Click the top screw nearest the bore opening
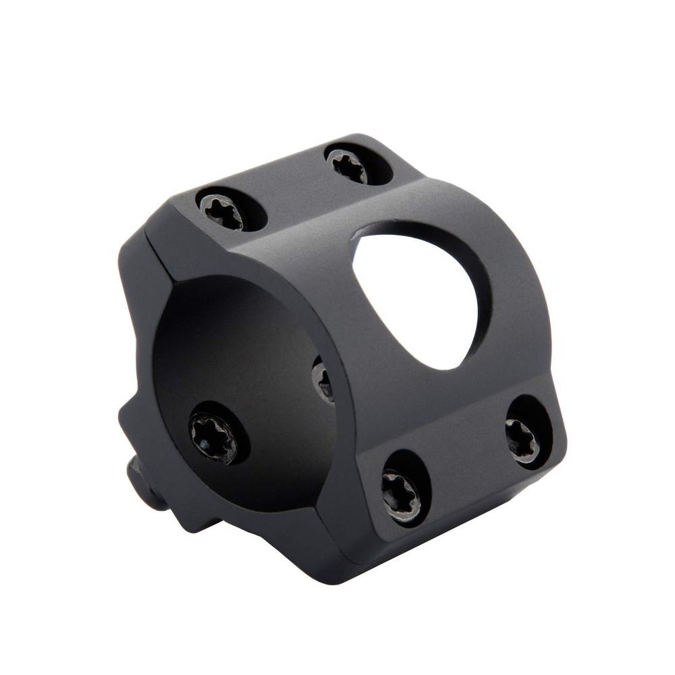pos(221,210)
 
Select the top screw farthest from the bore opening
pos(350,165)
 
